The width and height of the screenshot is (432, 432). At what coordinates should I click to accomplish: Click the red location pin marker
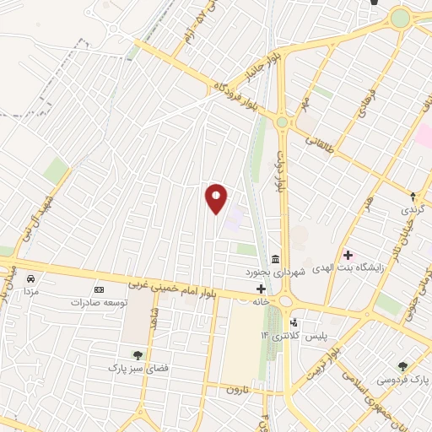click(216, 199)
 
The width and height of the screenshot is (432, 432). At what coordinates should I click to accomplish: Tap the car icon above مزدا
click(31, 278)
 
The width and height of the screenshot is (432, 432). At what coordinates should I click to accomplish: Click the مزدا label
click(30, 290)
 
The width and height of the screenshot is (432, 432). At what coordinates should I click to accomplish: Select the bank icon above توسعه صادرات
click(99, 289)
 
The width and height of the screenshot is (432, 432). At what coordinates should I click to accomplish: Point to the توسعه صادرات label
click(100, 301)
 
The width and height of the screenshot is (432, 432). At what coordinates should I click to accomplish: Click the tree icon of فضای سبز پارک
click(136, 355)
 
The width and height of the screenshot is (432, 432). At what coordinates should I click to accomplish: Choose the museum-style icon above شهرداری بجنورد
click(275, 259)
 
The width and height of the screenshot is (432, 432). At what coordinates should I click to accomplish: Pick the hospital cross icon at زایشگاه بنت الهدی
click(348, 254)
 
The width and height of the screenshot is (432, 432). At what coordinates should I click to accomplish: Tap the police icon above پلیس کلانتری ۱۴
click(294, 322)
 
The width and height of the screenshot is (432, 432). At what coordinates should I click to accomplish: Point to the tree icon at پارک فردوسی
click(402, 366)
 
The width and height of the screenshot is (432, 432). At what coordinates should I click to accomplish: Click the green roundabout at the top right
click(399, 18)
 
